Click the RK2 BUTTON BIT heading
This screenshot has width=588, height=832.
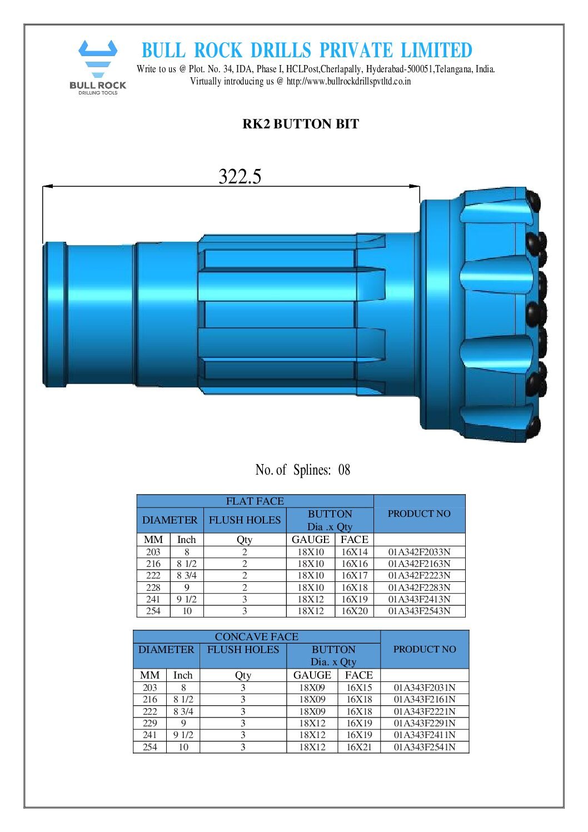click(x=301, y=124)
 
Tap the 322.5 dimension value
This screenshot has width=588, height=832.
click(x=240, y=176)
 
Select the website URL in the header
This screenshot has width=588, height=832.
click(x=348, y=81)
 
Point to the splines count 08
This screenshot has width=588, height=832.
click(x=344, y=470)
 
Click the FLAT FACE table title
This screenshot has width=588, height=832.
click(x=255, y=501)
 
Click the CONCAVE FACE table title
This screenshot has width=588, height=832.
click(x=256, y=636)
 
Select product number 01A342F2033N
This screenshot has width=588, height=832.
click(x=419, y=552)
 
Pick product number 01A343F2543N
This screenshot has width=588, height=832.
click(x=419, y=611)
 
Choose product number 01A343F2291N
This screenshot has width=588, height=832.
click(x=425, y=723)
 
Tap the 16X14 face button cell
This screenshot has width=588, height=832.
click(x=354, y=552)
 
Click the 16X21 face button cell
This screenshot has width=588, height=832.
click(x=359, y=747)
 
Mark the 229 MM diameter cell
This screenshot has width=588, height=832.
click(x=150, y=723)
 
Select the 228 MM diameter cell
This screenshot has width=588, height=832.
click(x=153, y=587)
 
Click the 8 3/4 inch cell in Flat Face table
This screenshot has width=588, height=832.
click(x=186, y=575)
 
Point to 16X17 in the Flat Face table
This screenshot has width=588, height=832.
click(x=354, y=575)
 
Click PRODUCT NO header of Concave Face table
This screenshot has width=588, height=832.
click(x=425, y=649)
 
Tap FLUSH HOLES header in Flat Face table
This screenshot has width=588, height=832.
click(x=245, y=520)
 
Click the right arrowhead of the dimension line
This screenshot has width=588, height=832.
click(x=415, y=186)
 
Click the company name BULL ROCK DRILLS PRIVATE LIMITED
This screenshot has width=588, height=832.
click(x=307, y=51)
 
